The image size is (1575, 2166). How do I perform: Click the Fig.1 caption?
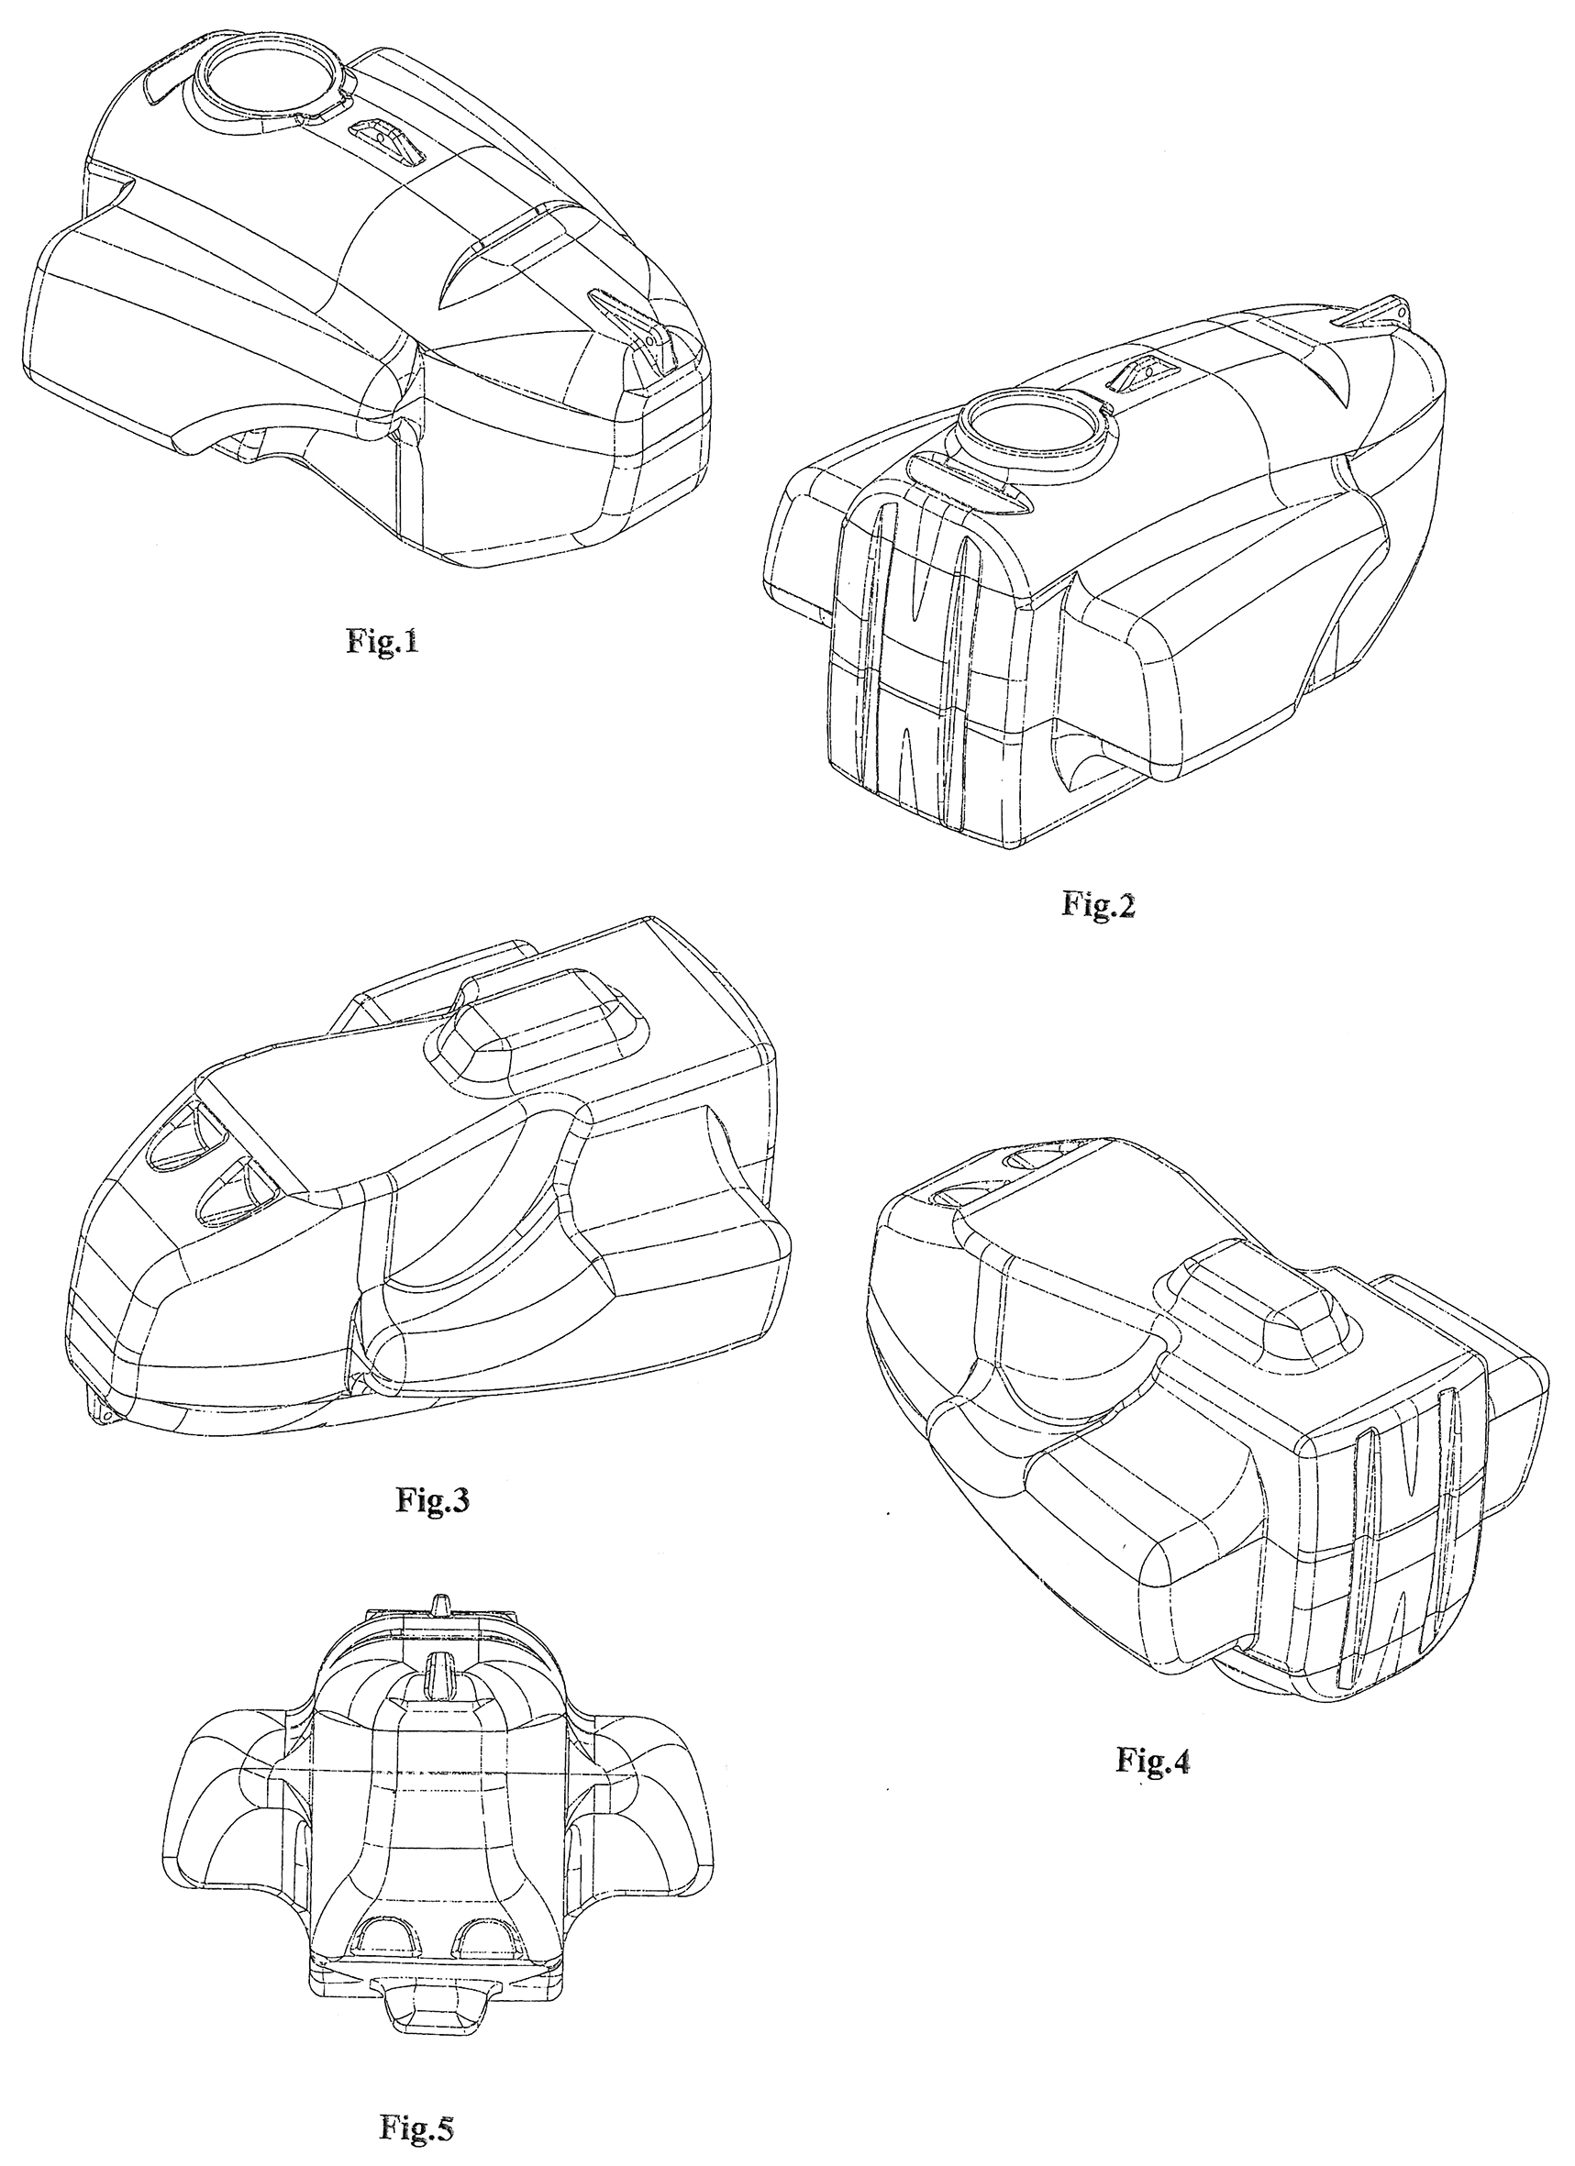tap(382, 641)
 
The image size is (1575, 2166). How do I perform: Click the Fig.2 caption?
tap(1098, 903)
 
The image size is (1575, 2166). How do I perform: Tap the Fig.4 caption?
tap(1153, 1760)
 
